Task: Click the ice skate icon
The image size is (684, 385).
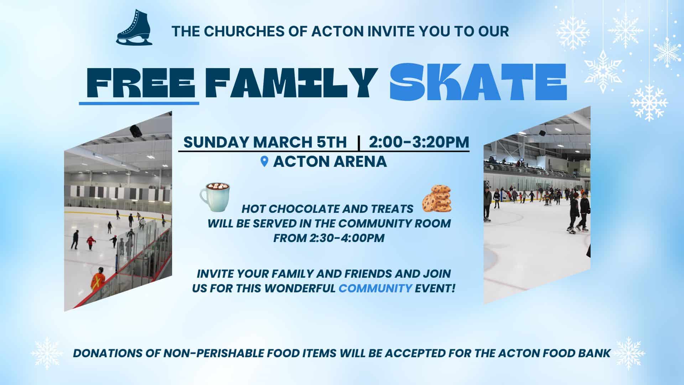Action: point(134,27)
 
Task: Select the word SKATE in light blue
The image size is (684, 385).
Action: point(478,82)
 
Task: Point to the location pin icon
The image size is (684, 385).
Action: point(264,162)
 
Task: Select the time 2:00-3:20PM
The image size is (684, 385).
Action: point(419,142)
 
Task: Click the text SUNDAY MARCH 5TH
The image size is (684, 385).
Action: point(265,142)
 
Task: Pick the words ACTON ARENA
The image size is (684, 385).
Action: point(330,162)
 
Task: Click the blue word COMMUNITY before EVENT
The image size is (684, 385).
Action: point(375,288)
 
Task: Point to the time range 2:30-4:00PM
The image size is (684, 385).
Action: point(347,238)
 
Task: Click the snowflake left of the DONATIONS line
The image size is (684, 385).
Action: point(47,353)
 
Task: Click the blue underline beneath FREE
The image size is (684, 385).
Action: point(139,103)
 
